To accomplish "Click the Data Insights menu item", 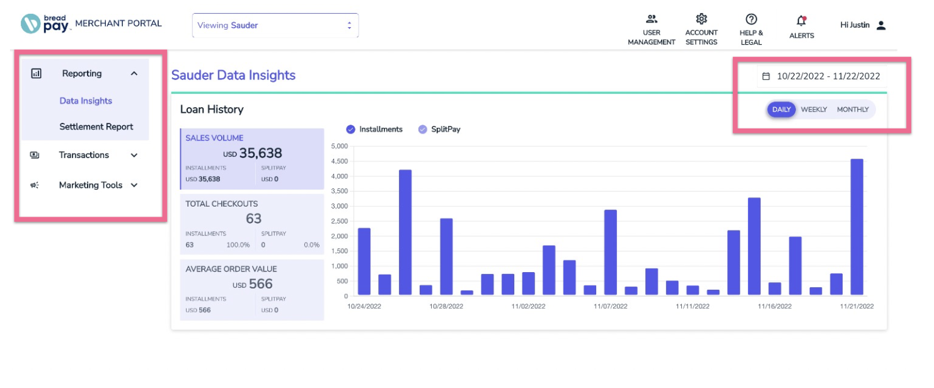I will click(x=86, y=101).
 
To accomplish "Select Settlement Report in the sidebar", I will click(x=96, y=127).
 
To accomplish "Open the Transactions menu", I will click(x=84, y=155).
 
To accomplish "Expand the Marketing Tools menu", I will click(x=91, y=185).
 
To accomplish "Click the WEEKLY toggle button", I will click(x=814, y=110).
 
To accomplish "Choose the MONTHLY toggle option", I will click(x=853, y=110).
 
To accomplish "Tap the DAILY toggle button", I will click(x=781, y=110).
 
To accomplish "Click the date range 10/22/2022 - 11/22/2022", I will click(x=827, y=76).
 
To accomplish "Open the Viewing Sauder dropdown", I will click(x=275, y=26).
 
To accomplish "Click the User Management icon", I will click(x=652, y=20).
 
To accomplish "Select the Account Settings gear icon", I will click(x=701, y=20).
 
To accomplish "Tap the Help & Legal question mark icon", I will click(x=751, y=20).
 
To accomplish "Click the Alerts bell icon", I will click(x=802, y=21).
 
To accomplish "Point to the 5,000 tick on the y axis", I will click(x=339, y=146).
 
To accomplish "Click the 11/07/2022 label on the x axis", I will click(x=610, y=306).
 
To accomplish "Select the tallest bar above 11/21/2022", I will click(x=857, y=227).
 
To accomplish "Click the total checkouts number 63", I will click(x=253, y=219).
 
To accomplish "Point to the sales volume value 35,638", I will click(x=260, y=153).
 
